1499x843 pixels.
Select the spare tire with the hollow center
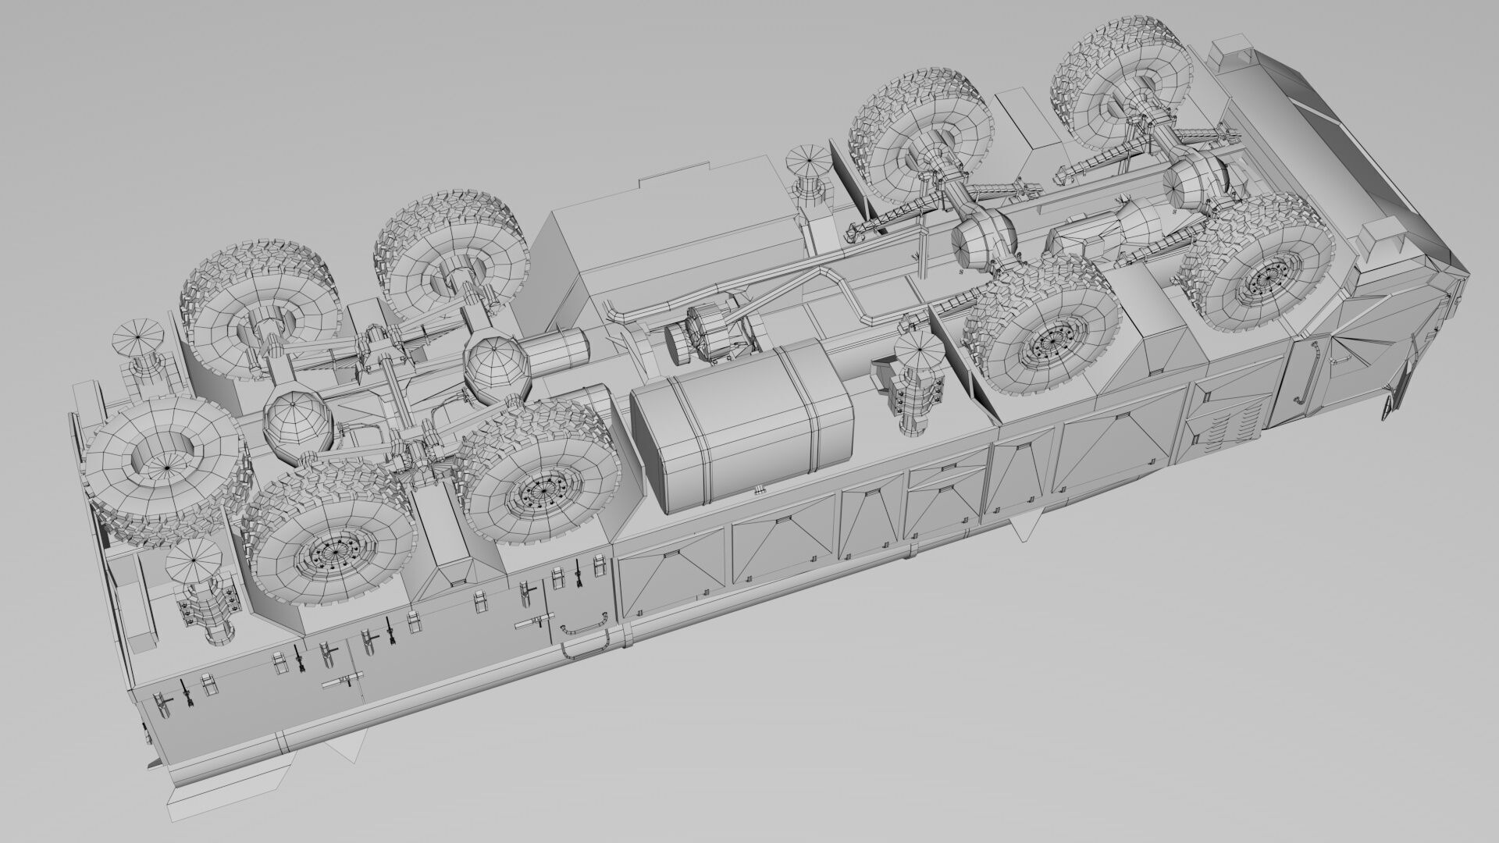click(164, 465)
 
